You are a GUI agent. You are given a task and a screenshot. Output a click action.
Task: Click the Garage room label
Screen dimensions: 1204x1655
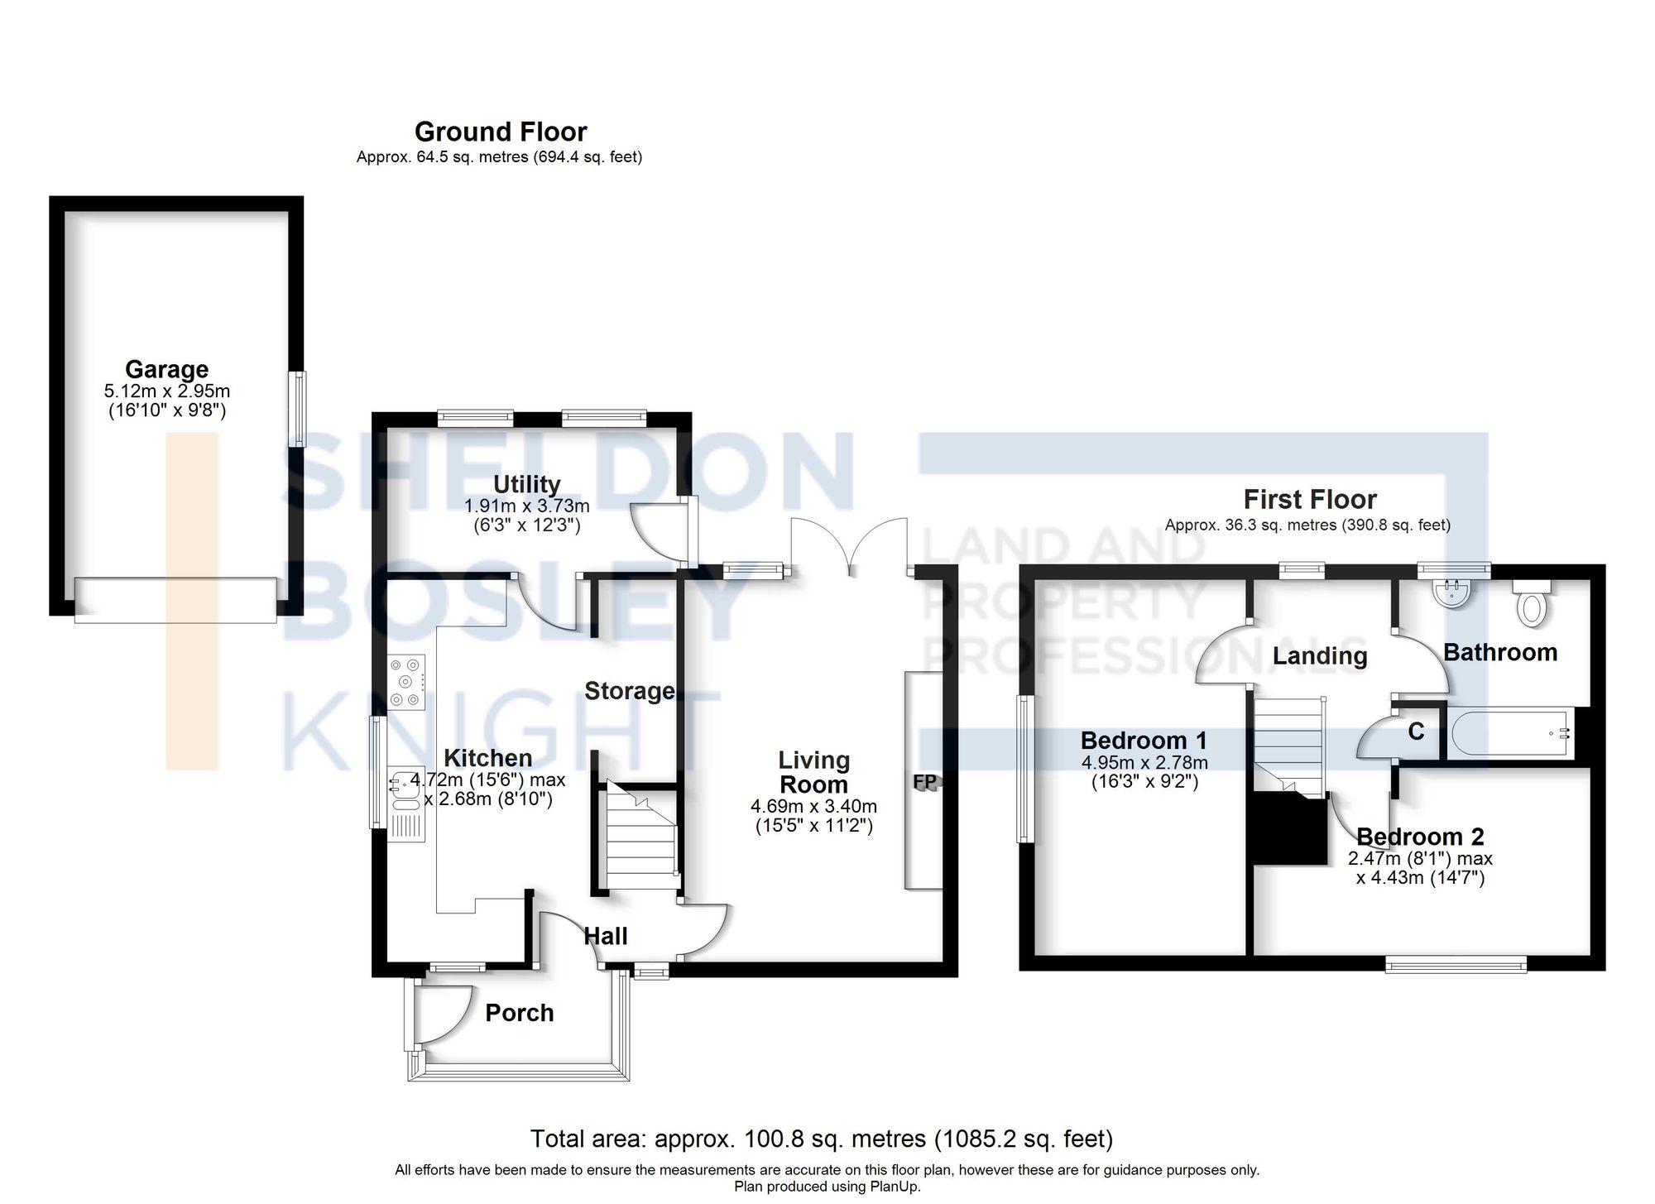click(166, 369)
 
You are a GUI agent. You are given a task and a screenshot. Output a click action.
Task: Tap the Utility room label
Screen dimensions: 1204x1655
click(526, 484)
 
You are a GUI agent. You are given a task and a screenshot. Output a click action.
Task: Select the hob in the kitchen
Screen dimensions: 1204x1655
click(407, 682)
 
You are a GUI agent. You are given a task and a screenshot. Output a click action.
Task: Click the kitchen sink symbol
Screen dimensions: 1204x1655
click(405, 786)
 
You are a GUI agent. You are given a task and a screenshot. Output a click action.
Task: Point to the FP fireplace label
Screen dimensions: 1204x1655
click(925, 782)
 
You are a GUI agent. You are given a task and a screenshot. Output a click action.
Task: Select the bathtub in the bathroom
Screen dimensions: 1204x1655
click(1512, 732)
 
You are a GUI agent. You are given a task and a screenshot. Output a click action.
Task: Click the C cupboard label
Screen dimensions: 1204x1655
click(1416, 732)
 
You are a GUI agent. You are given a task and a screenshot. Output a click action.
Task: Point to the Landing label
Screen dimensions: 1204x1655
click(1319, 656)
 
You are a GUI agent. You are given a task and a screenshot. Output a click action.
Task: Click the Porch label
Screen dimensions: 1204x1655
click(519, 1013)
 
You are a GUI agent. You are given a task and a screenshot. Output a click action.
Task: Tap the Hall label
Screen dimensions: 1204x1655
click(606, 937)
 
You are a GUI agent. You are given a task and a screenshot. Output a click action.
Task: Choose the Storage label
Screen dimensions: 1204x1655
click(629, 691)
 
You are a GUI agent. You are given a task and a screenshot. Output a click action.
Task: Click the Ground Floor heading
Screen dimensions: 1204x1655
click(501, 132)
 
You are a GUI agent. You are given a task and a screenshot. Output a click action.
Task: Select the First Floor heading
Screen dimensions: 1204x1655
click(1310, 500)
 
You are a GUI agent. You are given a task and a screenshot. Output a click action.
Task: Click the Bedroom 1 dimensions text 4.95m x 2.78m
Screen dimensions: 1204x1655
click(1144, 762)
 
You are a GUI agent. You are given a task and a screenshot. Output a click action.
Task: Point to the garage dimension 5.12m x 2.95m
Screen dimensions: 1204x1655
click(167, 391)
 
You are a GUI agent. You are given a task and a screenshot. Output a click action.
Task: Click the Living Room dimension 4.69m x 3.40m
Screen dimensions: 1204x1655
click(813, 806)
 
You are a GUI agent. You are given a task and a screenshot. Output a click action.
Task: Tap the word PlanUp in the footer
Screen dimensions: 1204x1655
click(894, 1187)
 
